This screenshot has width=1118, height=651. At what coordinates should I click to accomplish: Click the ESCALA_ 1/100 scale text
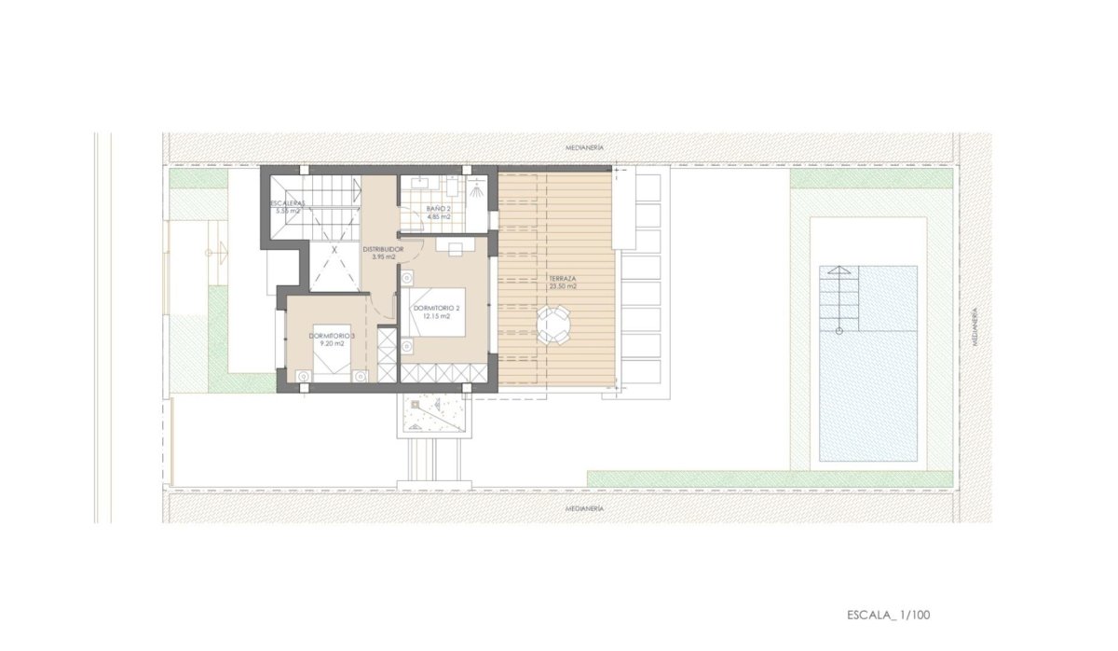pyautogui.click(x=888, y=615)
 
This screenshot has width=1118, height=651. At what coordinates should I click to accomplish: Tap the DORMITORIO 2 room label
pyautogui.click(x=437, y=307)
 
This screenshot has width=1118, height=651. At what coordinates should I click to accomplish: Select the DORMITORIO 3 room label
pyautogui.click(x=332, y=335)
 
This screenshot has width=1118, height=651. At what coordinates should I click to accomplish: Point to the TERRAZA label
pyautogui.click(x=562, y=279)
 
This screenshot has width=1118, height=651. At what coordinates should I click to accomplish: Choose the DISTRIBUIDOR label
pyautogui.click(x=382, y=250)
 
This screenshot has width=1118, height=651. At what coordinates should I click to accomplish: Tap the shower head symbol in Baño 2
pyautogui.click(x=475, y=186)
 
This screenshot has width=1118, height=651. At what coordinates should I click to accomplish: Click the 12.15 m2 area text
pyautogui.click(x=437, y=316)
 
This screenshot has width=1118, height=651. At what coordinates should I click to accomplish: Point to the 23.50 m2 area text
pyautogui.click(x=562, y=287)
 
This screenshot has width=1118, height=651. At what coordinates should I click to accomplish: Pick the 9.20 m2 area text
pyautogui.click(x=332, y=344)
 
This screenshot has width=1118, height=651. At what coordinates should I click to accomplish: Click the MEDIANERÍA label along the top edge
pyautogui.click(x=585, y=148)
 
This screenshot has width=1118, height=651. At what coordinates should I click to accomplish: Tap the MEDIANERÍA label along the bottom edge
pyautogui.click(x=585, y=508)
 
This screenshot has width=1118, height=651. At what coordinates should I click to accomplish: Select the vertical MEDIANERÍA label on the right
pyautogui.click(x=974, y=327)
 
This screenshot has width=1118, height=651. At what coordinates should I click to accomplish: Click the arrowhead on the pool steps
pyautogui.click(x=839, y=271)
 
